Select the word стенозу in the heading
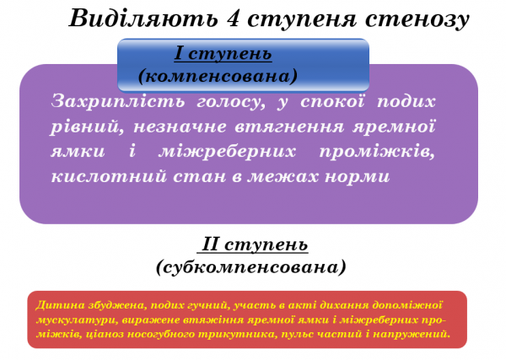pyautogui.click(x=423, y=19)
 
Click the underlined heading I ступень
pyautogui.click(x=223, y=55)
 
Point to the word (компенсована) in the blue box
pyautogui.click(x=218, y=75)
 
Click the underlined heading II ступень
pyautogui.click(x=253, y=245)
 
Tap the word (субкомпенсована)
pyautogui.click(x=251, y=266)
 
